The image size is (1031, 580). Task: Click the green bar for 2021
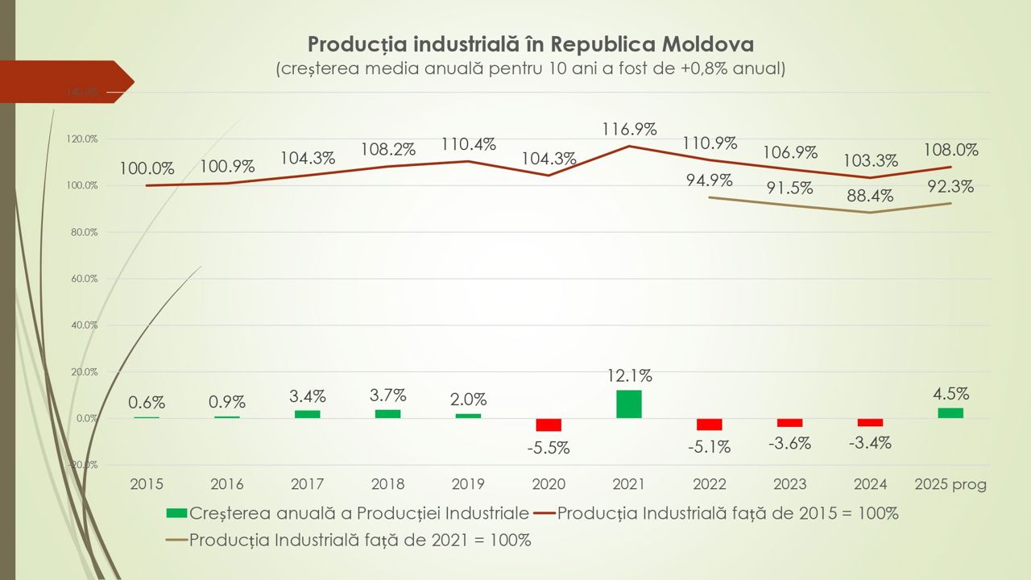[628, 404]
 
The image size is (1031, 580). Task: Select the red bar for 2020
[549, 425]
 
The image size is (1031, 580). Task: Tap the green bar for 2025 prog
[950, 413]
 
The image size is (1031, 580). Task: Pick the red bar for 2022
[709, 425]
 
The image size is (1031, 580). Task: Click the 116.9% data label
[629, 129]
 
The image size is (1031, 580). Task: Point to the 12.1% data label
[629, 375]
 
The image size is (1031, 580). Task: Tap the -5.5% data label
[549, 448]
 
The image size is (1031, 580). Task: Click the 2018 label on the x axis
[387, 484]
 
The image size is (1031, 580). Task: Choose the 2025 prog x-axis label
[950, 484]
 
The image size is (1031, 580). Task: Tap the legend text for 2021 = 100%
[360, 540]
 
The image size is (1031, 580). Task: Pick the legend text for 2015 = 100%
[727, 513]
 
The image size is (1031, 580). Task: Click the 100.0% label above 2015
[147, 169]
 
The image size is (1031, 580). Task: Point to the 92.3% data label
[950, 187]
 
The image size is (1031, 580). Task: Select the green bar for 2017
[307, 414]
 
